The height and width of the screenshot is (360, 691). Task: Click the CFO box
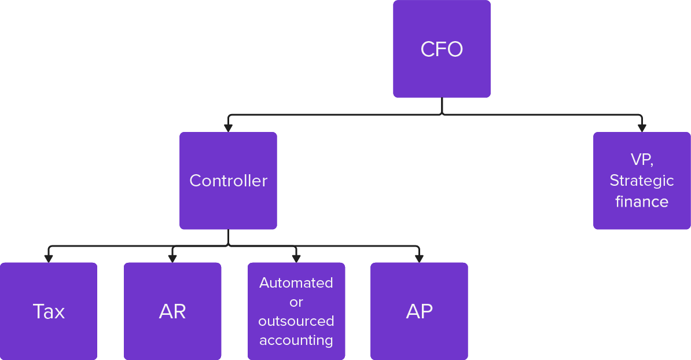[442, 49]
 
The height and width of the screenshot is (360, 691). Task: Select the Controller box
[228, 181]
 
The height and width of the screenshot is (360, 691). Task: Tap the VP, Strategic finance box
[642, 181]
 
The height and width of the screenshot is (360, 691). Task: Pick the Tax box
[49, 311]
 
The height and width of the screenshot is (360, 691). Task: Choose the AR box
[172, 311]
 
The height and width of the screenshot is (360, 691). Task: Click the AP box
[419, 311]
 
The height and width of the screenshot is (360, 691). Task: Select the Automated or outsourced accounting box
[296, 311]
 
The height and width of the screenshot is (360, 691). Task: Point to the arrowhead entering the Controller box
[229, 127]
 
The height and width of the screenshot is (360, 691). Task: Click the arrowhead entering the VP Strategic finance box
[641, 127]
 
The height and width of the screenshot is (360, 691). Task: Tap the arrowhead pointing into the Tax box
[49, 258]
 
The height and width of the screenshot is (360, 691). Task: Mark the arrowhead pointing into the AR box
[172, 258]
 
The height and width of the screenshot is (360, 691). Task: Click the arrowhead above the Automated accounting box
[296, 258]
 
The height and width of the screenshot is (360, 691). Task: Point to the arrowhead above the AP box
[418, 258]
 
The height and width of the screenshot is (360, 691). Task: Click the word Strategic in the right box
[642, 181]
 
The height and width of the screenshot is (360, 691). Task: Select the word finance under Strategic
[642, 201]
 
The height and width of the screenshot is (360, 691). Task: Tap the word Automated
[296, 283]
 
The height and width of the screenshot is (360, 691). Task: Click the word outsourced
[296, 321]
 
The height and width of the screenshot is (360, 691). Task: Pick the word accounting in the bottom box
[296, 340]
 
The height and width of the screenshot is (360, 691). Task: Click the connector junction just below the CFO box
[442, 114]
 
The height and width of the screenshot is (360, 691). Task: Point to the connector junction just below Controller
[228, 245]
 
